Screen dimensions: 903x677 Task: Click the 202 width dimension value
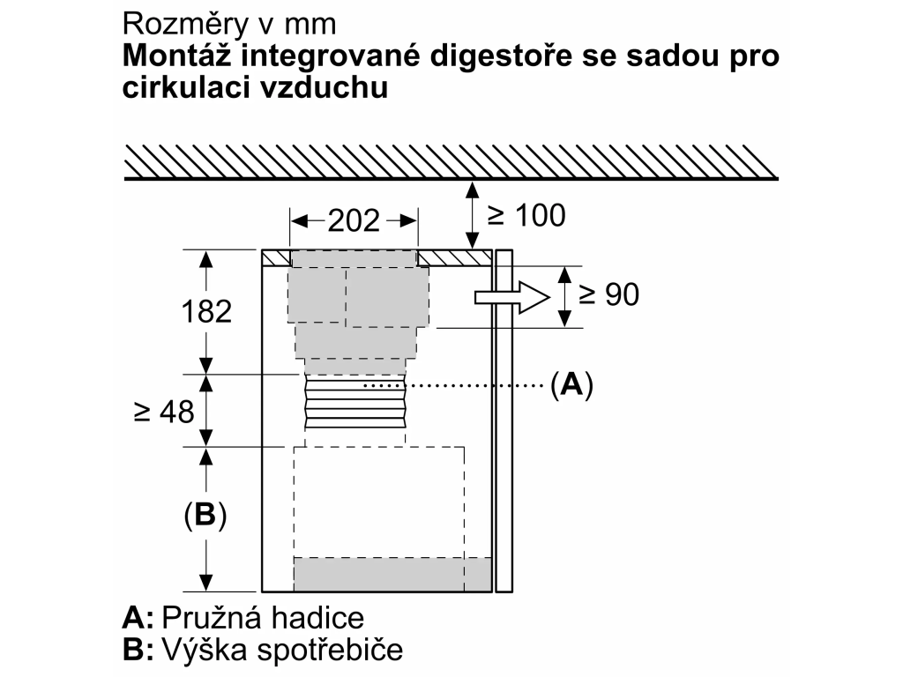[x=354, y=220]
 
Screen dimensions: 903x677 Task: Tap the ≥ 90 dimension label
[x=608, y=294]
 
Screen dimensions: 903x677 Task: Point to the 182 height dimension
[x=206, y=311]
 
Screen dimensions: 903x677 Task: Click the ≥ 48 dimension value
[x=164, y=413]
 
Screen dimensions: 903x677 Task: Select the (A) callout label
[x=571, y=384]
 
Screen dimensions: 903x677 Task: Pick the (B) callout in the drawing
[x=205, y=515]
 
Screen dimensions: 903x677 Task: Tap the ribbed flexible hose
[x=355, y=402]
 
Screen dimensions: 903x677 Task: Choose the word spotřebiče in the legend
[x=330, y=650]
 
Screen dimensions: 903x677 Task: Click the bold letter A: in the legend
[x=138, y=618]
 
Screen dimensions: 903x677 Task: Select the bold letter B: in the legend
[x=138, y=650]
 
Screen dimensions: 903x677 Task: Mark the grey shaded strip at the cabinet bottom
[x=392, y=574]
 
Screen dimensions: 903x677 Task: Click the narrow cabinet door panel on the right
[x=504, y=420]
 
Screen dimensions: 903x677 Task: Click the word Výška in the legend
[x=205, y=650]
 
